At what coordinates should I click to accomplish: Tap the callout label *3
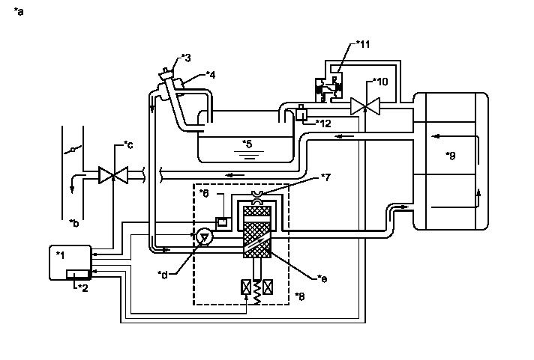(x=186, y=58)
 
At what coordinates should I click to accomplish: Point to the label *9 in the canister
(x=450, y=156)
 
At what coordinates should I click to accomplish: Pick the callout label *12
(x=323, y=123)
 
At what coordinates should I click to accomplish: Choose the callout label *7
(x=326, y=177)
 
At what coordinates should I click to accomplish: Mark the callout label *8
(x=300, y=296)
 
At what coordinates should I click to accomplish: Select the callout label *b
(x=73, y=222)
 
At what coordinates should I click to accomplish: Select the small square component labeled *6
(x=222, y=222)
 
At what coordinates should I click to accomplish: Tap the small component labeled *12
(x=301, y=115)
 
